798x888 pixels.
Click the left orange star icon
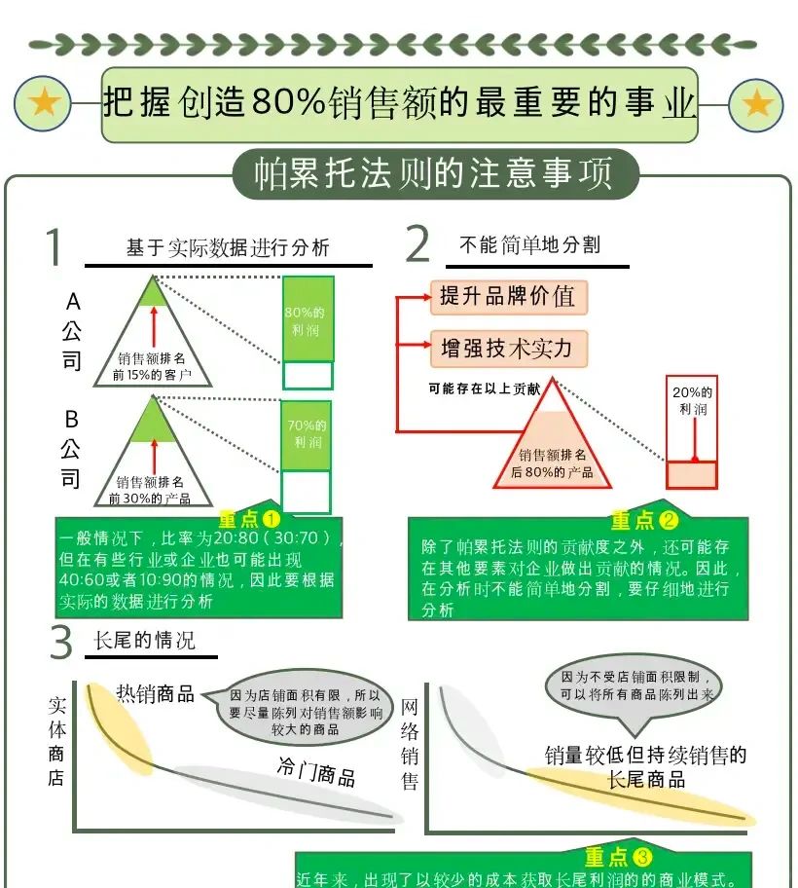pyautogui.click(x=44, y=103)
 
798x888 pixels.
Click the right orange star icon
pyautogui.click(x=756, y=104)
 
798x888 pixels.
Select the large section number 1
pyautogui.click(x=55, y=247)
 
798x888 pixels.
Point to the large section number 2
pyautogui.click(x=417, y=244)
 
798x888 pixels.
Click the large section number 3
pyautogui.click(x=61, y=643)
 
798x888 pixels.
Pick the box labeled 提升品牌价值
pyautogui.click(x=508, y=296)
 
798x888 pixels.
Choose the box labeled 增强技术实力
pyautogui.click(x=508, y=348)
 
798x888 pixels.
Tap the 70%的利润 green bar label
pyautogui.click(x=307, y=433)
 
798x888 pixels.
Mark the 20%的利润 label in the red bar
pyautogui.click(x=692, y=400)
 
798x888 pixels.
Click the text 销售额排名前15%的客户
pyautogui.click(x=152, y=366)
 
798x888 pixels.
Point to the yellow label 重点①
pyautogui.click(x=249, y=520)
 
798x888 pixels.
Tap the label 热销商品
pyautogui.click(x=156, y=693)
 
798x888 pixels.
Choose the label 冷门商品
pyautogui.click(x=316, y=772)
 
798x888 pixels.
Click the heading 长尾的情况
pyautogui.click(x=144, y=641)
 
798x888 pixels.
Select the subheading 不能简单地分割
pyautogui.click(x=529, y=246)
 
